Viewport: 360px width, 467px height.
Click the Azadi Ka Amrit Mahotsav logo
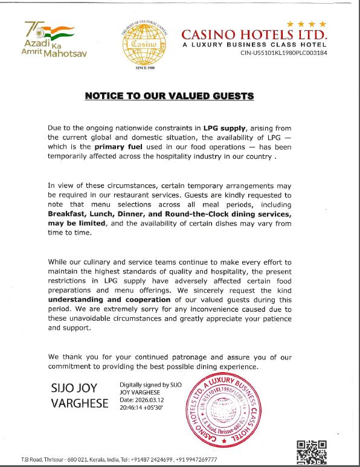pyautogui.click(x=55, y=39)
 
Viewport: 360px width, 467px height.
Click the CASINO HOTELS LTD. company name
pyautogui.click(x=254, y=34)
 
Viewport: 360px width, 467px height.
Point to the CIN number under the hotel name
pyautogui.click(x=284, y=53)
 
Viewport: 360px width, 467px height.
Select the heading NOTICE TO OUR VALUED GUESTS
pyautogui.click(x=169, y=96)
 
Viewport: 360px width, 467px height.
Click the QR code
pyautogui.click(x=312, y=452)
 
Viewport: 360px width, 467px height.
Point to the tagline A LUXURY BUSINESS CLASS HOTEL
pyautogui.click(x=254, y=44)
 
